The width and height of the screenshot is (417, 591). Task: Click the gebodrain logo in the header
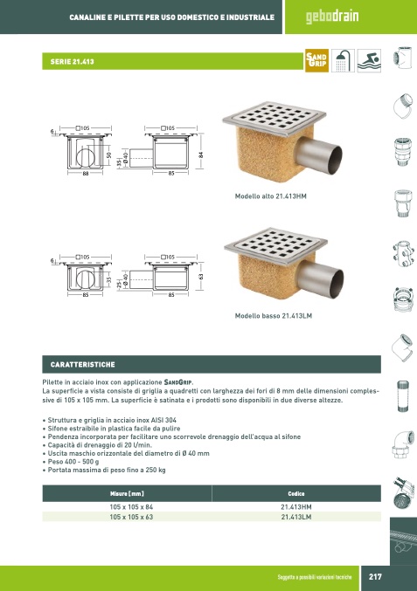point(332,17)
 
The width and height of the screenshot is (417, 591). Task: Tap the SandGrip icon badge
point(316,60)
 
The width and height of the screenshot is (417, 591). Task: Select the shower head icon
point(343,60)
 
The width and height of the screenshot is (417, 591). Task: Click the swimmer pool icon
point(369,60)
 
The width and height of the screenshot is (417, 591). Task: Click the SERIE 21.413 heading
point(72,61)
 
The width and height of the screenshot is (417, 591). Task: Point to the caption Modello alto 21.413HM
point(271,196)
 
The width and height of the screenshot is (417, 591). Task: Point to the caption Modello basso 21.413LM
point(274,316)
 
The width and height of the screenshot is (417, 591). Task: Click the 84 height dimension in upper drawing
point(201,155)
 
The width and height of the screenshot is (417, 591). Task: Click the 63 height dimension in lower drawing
point(201,276)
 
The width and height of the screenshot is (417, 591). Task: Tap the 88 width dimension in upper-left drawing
point(86,174)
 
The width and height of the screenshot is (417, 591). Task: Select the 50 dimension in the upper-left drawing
point(109,155)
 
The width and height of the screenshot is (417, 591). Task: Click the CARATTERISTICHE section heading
point(83,365)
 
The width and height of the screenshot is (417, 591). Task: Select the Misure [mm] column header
point(127,493)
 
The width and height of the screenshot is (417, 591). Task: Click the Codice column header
point(296,493)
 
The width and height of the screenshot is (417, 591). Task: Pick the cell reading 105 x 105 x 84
point(131,507)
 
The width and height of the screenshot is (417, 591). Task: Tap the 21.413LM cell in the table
point(296,517)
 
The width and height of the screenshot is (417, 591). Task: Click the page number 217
point(375,576)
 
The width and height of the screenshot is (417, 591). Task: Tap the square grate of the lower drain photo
point(276,245)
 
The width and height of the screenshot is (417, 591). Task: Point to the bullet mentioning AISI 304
point(112,420)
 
